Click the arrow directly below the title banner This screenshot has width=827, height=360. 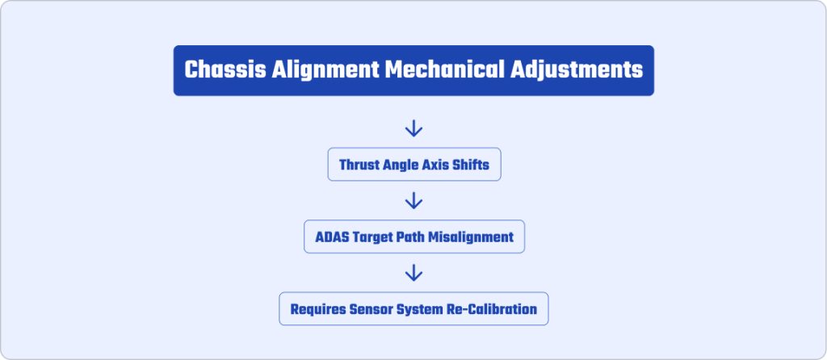coord(413,128)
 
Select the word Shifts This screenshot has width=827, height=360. coord(471,165)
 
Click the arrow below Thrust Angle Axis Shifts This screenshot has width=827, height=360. coord(413,200)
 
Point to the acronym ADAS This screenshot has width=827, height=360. coord(332,237)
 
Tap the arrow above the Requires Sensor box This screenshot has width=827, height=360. coord(413,273)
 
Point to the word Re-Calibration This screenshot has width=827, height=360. coord(492,309)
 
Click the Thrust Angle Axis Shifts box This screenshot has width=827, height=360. coord(414,165)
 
